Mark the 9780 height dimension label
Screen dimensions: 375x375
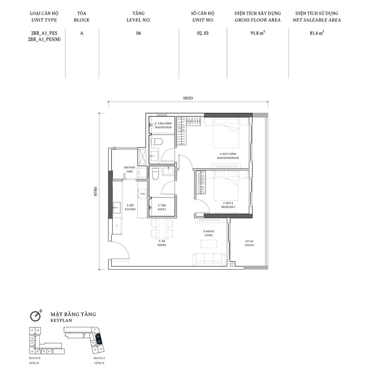(x=96, y=191)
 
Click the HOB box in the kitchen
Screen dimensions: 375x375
(x=142, y=194)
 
